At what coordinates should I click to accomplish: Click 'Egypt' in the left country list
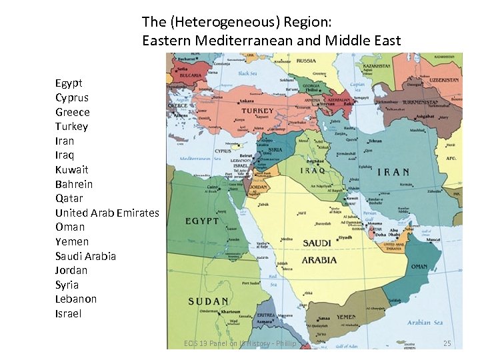pyautogui.click(x=69, y=83)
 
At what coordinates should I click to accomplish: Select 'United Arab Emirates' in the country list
pyautogui.click(x=107, y=213)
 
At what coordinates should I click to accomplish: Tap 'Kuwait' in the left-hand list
pyautogui.click(x=73, y=169)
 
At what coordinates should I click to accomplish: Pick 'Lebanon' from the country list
pyautogui.click(x=76, y=299)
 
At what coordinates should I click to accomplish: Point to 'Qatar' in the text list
pyautogui.click(x=69, y=198)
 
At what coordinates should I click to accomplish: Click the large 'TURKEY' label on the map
pyautogui.click(x=257, y=111)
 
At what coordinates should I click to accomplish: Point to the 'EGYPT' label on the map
pyautogui.click(x=201, y=221)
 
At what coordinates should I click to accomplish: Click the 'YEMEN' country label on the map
pyautogui.click(x=346, y=317)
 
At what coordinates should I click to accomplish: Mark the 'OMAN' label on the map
pyautogui.click(x=419, y=267)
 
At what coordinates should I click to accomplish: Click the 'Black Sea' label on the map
pyautogui.click(x=247, y=74)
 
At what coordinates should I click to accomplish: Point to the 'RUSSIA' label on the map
pyautogui.click(x=306, y=61)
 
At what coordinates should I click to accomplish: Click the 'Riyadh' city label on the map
pyautogui.click(x=345, y=237)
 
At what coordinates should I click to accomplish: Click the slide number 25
pyautogui.click(x=447, y=343)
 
